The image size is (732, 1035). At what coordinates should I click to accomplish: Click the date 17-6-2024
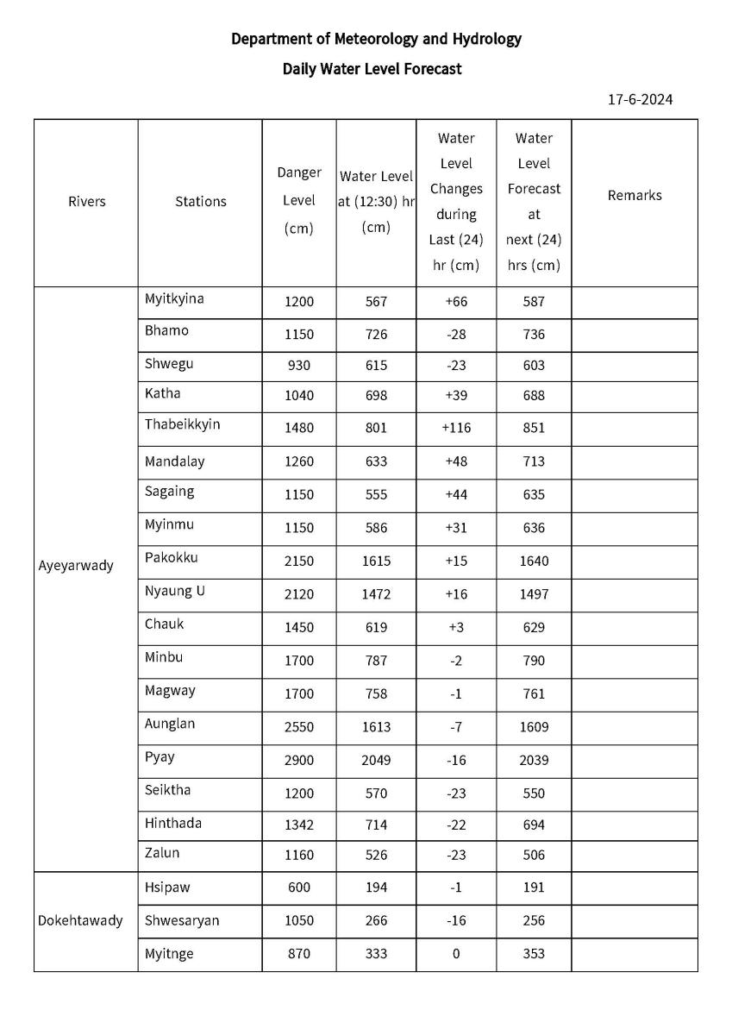tap(640, 99)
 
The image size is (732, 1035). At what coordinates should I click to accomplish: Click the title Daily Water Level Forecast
tap(372, 69)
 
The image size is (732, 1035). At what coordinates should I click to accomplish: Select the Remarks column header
tap(635, 196)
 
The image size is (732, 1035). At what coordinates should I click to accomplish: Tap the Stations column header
tap(200, 202)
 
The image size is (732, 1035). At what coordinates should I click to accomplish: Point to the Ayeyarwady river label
tap(76, 567)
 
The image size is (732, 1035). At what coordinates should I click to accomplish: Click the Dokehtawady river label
tap(80, 920)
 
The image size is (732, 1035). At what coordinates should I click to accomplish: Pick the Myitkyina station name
tap(174, 299)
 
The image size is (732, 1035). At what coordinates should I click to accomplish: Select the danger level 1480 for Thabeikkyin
tap(299, 428)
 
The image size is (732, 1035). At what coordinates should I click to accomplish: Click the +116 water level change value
tap(456, 428)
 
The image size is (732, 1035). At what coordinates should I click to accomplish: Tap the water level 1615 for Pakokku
tap(376, 561)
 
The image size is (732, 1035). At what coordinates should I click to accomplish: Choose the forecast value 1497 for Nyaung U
tap(534, 594)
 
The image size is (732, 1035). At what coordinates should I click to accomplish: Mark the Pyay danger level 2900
tap(299, 761)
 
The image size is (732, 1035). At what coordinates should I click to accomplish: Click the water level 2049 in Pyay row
tap(376, 761)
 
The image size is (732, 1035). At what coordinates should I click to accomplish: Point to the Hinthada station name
tap(173, 824)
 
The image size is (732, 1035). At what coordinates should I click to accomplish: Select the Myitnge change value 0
tap(456, 954)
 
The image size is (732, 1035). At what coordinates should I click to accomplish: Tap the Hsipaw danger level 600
tap(299, 888)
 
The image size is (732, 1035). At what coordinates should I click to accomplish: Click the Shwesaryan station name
tap(182, 921)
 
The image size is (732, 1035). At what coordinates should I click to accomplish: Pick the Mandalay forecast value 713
tap(534, 461)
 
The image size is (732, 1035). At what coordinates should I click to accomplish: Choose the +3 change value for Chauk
tap(456, 628)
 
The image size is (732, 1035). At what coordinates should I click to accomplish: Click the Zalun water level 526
tap(376, 856)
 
